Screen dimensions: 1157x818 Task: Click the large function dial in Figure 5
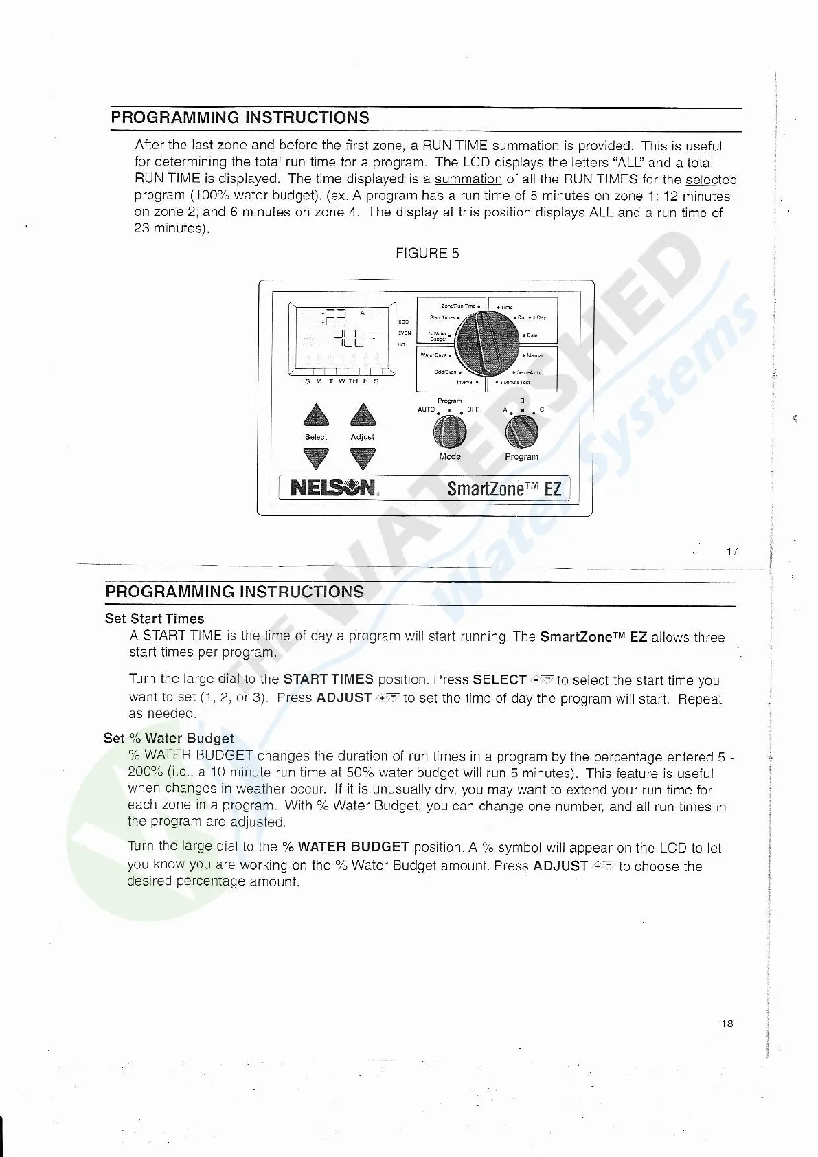pos(488,342)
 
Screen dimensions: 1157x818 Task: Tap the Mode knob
pos(450,431)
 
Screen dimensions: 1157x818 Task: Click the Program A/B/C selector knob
pos(521,431)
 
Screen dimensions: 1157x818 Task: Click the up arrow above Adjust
pos(363,416)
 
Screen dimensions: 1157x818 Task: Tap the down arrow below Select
pos(316,458)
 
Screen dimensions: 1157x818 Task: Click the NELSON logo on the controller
pos(333,488)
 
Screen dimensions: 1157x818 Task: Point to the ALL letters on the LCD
pos(348,337)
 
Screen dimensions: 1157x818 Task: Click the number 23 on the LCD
pos(336,317)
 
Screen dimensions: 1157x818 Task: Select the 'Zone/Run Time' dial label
pos(458,306)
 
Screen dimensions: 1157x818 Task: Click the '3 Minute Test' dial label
pos(514,382)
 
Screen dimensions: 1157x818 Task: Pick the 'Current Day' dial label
pos(532,318)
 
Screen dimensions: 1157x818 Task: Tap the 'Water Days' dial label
pos(433,355)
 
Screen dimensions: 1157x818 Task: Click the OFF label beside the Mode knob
pos(473,409)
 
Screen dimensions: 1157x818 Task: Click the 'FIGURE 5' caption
pos(427,253)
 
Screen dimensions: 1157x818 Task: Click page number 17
pos(732,551)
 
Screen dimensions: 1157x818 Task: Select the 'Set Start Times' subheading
pos(155,618)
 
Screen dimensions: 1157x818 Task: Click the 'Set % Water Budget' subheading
pos(169,738)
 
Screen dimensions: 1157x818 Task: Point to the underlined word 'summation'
pos(468,179)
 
